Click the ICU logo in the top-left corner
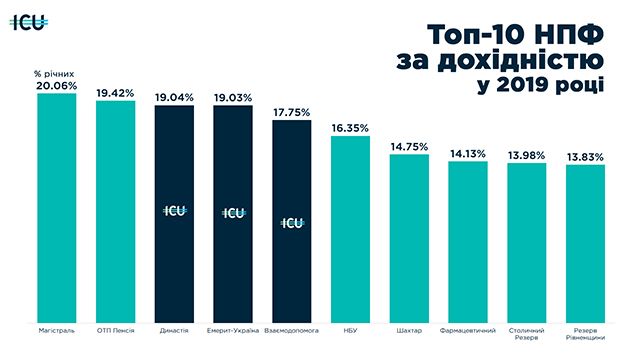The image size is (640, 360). click(x=29, y=22)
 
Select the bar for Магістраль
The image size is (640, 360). click(x=57, y=208)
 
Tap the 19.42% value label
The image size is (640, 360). click(x=115, y=93)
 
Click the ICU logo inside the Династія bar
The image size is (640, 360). click(x=175, y=211)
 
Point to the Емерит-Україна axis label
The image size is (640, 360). click(x=233, y=331)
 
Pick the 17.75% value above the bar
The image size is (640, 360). click(x=291, y=112)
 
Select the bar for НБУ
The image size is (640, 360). click(x=350, y=229)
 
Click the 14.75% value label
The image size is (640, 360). click(x=409, y=147)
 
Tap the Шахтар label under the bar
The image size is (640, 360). click(x=409, y=331)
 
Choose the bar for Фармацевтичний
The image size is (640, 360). click(x=468, y=242)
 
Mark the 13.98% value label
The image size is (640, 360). click(x=527, y=156)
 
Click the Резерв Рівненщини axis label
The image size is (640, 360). click(x=585, y=334)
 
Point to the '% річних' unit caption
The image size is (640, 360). click(x=54, y=74)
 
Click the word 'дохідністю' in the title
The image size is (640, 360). click(x=521, y=61)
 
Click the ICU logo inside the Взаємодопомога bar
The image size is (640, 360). click(x=292, y=223)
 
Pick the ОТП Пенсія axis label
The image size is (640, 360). click(x=116, y=331)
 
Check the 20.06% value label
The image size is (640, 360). click(x=56, y=86)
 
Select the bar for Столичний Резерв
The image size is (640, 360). click(x=527, y=243)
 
